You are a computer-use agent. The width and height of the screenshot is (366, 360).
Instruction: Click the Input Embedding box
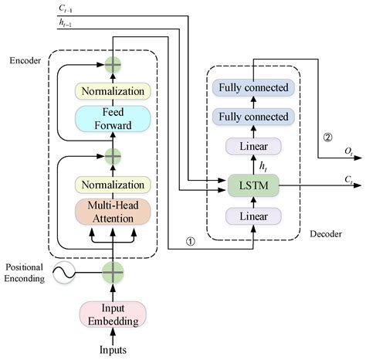(113, 314)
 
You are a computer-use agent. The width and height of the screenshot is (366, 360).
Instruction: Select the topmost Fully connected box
(254, 87)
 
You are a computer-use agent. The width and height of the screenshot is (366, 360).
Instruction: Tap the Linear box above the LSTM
(254, 146)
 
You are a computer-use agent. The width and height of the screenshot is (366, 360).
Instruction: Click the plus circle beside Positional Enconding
(113, 272)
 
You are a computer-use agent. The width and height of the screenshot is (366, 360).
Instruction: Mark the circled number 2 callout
(327, 139)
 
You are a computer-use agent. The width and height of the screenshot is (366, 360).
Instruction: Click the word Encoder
(25, 60)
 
